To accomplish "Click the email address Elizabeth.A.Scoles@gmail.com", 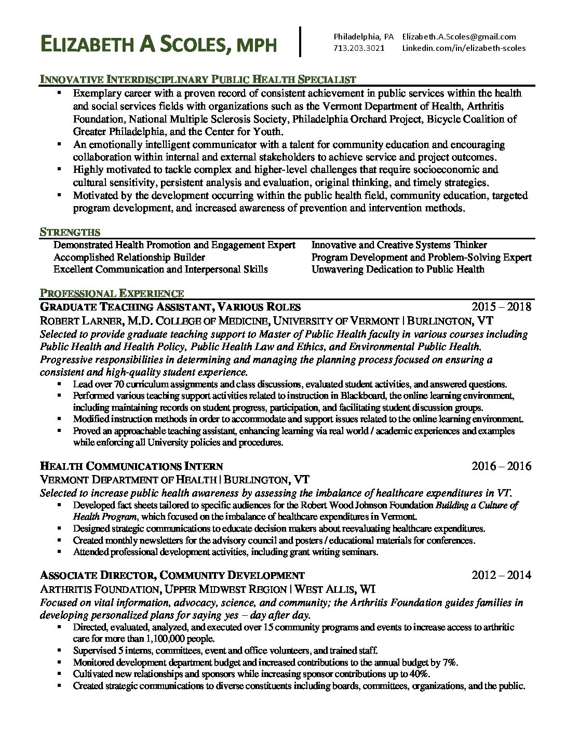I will pos(459,36).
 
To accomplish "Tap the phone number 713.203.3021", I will pos(359,48).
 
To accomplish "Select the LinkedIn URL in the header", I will pos(464,48).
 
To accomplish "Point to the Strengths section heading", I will pos(70,232).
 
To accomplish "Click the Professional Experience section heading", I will pos(112,293).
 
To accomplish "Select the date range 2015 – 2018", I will pos(501,306).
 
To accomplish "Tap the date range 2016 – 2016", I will pos(501,466).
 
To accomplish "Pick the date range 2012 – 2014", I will pos(501,575).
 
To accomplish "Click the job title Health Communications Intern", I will pos(131,466).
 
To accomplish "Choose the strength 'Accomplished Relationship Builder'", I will pos(129,257).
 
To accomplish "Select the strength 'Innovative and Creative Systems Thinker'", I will pos(399,245).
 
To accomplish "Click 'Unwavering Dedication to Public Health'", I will pos(398,269).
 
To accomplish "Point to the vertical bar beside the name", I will pos(300,40).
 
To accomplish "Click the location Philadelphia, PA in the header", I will pos(364,36).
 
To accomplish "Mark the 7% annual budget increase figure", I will pos(450,662).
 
